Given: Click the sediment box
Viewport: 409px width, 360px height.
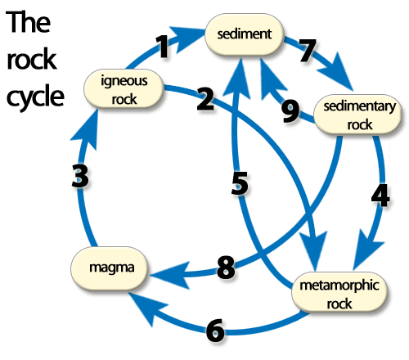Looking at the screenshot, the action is [245, 34].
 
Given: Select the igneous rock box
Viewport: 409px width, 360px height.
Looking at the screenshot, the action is [124, 89].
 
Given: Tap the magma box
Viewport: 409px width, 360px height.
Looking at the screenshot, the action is [110, 268].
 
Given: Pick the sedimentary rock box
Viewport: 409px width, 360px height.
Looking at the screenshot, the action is [358, 115].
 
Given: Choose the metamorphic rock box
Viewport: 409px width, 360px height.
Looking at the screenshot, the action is [339, 292].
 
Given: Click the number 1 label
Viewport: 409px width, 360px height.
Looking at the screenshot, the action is [163, 47].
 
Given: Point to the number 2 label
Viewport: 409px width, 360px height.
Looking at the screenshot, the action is [205, 99].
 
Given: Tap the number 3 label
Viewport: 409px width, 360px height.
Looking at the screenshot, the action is [80, 176].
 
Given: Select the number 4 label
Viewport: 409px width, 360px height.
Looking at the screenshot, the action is [380, 196].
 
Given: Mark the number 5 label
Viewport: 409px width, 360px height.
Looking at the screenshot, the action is [240, 183].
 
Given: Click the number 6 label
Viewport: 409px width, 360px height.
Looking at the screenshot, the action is [215, 331].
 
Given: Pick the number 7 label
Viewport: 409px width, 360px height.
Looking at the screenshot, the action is [308, 50].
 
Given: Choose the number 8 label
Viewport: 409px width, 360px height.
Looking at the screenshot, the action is [226, 268].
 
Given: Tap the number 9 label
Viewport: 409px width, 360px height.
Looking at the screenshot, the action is [290, 110].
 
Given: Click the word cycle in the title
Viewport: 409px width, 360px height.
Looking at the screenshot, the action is [35, 97].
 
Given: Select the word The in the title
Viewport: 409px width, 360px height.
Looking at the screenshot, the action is [28, 22].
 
